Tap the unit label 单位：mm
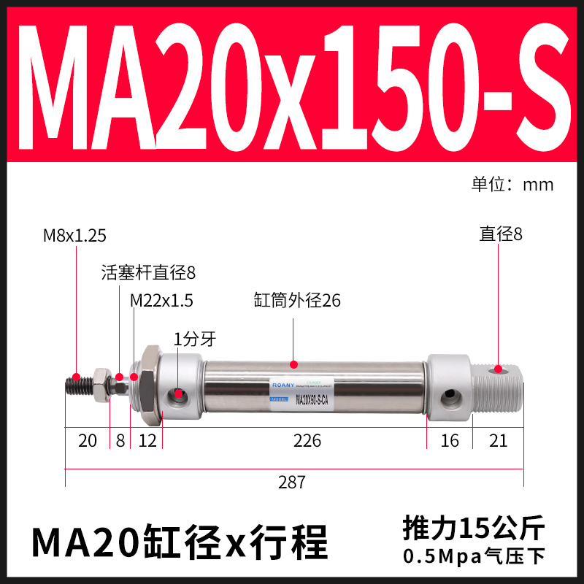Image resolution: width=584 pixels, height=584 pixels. (512, 184)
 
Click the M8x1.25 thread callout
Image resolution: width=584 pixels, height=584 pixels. (74, 235)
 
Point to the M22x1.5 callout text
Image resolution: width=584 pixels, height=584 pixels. (161, 301)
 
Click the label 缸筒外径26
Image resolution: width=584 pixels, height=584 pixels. (296, 301)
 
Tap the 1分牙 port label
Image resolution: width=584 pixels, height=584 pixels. (194, 339)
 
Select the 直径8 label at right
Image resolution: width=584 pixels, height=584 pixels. (501, 234)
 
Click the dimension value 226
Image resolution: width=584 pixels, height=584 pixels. (306, 441)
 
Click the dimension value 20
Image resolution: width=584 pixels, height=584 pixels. (87, 441)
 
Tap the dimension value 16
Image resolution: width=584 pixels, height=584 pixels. (450, 441)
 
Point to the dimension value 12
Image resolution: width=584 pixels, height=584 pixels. (147, 441)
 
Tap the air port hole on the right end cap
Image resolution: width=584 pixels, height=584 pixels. (450, 398)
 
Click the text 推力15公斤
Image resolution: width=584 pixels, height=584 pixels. (473, 527)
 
